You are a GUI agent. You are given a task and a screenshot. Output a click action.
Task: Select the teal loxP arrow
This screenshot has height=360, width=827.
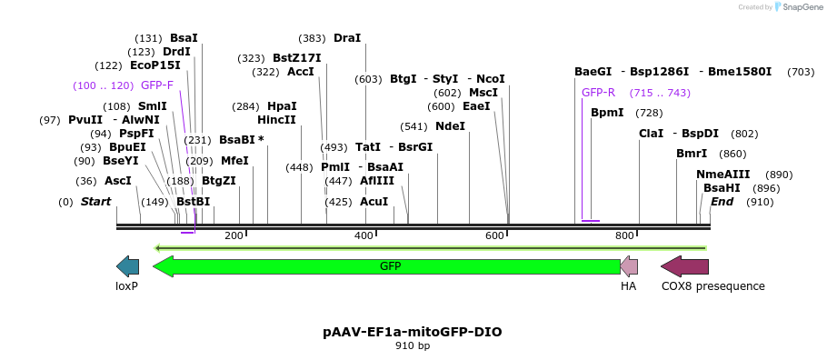tap(127, 266)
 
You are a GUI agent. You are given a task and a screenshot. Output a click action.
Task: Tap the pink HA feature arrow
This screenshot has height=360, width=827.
tap(629, 266)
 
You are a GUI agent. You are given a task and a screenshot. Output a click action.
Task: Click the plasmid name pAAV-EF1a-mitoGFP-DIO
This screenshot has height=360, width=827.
tap(412, 332)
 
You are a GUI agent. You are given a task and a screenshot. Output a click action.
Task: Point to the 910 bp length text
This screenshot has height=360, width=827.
tap(412, 346)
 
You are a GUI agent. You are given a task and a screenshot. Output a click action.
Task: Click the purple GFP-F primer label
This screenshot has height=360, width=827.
tap(157, 85)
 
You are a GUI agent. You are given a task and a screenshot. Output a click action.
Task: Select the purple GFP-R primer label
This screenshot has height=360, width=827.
tap(598, 93)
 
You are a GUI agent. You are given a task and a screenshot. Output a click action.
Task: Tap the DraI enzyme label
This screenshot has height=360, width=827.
tap(347, 38)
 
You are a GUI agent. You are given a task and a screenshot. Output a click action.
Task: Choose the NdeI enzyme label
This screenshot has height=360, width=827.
tap(450, 126)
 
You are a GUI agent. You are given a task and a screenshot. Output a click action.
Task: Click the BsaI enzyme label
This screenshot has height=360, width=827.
tap(184, 38)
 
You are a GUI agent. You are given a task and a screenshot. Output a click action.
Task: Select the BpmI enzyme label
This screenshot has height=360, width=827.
tap(607, 113)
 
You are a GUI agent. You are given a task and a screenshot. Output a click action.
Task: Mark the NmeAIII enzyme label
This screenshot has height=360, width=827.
tap(723, 175)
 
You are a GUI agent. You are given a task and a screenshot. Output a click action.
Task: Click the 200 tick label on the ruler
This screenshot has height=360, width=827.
tap(234, 236)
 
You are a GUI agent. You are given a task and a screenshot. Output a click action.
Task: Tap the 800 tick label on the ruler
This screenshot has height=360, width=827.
tap(624, 236)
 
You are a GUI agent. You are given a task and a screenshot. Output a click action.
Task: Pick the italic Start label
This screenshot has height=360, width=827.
tap(95, 202)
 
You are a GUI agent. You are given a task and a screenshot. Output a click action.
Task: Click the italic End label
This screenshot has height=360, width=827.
tap(722, 202)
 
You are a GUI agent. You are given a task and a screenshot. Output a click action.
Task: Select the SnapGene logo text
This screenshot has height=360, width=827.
tap(802, 7)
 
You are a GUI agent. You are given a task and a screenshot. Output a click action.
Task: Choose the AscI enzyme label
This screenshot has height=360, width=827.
tap(118, 181)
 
